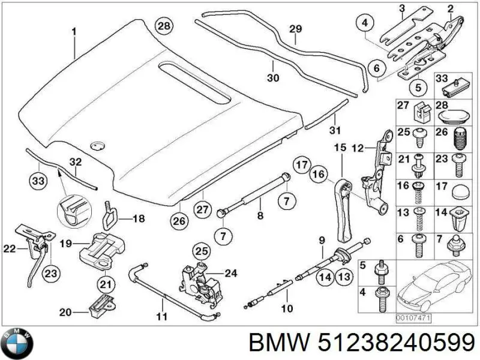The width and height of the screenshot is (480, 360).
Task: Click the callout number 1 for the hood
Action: [x=74, y=31]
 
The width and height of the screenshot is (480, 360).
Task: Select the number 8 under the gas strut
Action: [x=259, y=215]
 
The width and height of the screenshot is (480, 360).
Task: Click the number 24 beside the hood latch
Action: [x=232, y=274]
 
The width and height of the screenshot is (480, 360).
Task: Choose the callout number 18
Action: [x=138, y=219]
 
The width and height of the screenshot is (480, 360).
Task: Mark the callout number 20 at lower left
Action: [x=65, y=311]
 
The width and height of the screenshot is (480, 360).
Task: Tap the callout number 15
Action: [x=340, y=147]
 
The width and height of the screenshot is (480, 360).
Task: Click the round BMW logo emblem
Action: [x=18, y=344]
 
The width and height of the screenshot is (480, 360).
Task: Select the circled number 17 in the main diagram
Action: [x=301, y=163]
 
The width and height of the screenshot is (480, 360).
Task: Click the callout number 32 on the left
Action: [x=75, y=162]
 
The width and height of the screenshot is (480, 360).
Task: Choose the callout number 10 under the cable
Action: [x=287, y=309]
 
